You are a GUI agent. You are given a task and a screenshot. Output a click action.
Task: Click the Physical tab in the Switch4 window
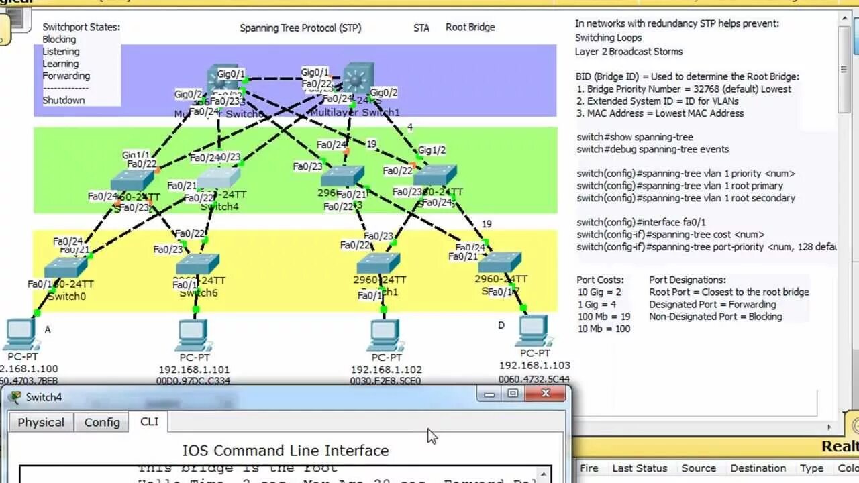(41, 422)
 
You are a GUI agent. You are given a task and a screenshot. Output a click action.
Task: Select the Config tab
(102, 422)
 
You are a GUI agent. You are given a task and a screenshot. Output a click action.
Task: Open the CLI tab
(149, 421)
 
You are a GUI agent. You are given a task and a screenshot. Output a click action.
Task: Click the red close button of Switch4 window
(545, 394)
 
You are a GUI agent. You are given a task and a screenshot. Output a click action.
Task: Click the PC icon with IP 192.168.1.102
(385, 334)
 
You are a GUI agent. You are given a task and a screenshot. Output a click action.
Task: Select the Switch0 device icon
(66, 267)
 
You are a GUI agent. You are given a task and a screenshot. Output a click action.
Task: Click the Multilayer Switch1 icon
(358, 78)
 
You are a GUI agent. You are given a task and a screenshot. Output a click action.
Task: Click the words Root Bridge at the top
(470, 28)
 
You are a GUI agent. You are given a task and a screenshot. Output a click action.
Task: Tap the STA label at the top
(421, 28)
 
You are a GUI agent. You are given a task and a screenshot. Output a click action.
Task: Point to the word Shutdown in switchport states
(64, 100)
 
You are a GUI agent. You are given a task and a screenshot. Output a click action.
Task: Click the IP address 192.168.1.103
(534, 365)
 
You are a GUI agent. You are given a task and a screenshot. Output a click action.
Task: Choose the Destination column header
(758, 468)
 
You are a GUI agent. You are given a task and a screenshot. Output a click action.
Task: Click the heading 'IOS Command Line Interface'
(285, 451)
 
